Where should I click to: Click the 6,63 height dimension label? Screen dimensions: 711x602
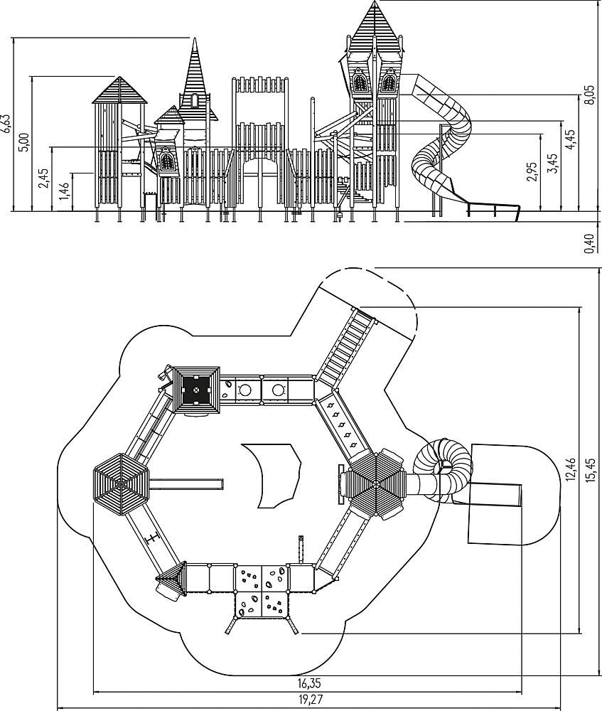click(x=6, y=123)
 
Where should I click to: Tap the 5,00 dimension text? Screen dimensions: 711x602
click(x=25, y=141)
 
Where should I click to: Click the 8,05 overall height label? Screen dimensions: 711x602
click(x=588, y=95)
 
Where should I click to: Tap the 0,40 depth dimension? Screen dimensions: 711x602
click(x=588, y=242)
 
